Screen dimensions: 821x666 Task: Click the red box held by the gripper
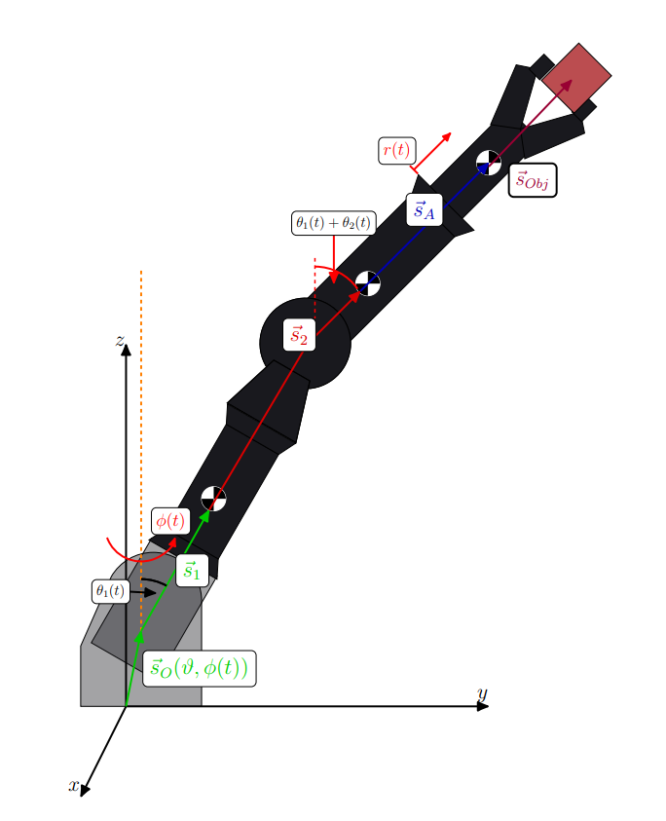tap(576, 76)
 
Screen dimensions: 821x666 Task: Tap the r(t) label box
tap(396, 151)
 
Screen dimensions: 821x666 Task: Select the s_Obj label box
tap(533, 180)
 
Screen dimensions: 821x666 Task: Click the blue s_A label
tap(424, 209)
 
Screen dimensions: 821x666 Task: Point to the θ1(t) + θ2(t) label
tap(334, 223)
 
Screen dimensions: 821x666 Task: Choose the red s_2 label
tap(299, 336)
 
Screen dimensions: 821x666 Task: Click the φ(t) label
tap(169, 520)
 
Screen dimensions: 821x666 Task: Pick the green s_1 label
tap(192, 571)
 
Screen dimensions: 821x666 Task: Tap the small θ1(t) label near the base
tap(110, 590)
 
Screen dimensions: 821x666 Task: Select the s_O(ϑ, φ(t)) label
tap(200, 668)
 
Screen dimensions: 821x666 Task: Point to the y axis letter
tap(481, 692)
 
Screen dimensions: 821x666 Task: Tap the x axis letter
tap(73, 785)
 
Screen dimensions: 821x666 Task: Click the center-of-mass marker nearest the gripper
tap(488, 163)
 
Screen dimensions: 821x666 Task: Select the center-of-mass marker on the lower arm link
tap(213, 498)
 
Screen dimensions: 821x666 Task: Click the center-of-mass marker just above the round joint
tap(367, 283)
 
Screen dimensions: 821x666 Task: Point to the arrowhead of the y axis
tap(482, 705)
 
